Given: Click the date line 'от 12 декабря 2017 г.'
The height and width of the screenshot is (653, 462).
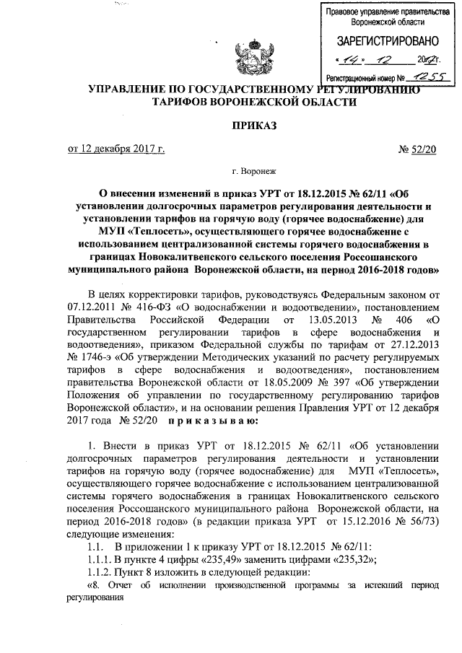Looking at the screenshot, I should (x=116, y=149).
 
